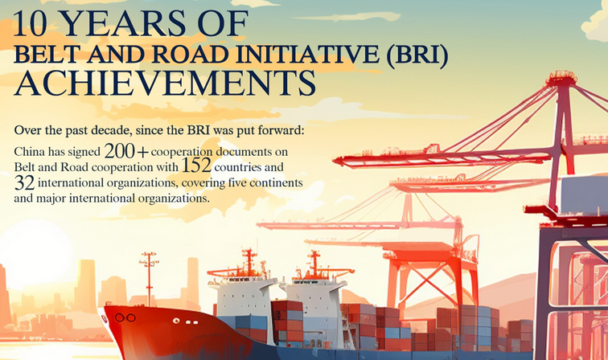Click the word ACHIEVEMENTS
165,83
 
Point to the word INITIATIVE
307,55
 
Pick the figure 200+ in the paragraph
126,151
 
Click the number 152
196,166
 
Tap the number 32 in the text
24,182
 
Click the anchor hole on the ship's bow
125,317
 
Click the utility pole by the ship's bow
150,279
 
